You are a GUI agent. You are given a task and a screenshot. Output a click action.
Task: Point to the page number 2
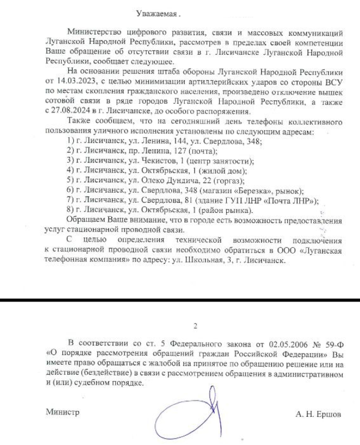point(195,327)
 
